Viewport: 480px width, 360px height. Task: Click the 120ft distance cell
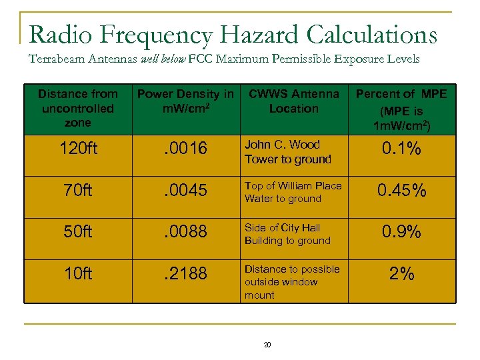coord(78,149)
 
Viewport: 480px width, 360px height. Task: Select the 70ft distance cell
coord(78,191)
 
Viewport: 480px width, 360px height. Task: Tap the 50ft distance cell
coord(78,232)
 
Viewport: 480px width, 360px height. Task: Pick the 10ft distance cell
coord(78,273)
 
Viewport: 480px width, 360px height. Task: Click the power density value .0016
coord(185,149)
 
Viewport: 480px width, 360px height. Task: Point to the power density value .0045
coord(185,191)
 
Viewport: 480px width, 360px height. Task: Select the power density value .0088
coord(185,232)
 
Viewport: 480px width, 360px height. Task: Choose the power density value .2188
coord(185,273)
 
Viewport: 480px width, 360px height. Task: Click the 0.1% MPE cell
coord(401,149)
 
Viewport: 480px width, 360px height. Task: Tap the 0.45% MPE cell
coord(401,191)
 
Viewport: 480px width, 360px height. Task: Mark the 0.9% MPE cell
coord(401,232)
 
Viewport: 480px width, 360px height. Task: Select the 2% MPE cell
coord(401,273)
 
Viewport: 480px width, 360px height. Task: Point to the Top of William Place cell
coord(293,192)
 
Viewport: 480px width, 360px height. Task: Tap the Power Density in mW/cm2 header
coord(185,101)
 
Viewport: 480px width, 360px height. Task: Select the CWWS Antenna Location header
coord(293,101)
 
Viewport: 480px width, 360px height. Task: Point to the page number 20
coord(267,345)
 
